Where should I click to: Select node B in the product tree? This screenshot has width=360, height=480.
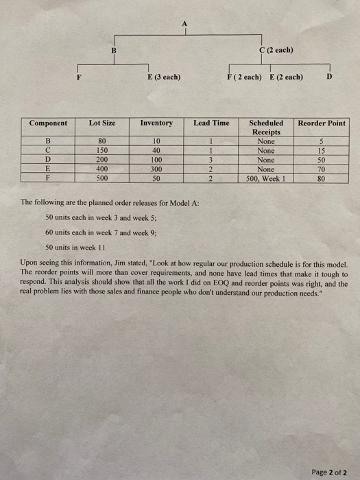(x=114, y=49)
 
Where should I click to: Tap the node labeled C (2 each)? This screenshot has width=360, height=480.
(x=276, y=49)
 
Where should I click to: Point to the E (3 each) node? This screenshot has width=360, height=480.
(x=164, y=77)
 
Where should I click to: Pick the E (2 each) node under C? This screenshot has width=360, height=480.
(x=285, y=77)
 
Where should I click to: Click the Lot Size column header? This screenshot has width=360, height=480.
(x=102, y=123)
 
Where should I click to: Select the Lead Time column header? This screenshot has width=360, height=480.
(x=211, y=123)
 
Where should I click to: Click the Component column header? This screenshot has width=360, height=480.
(x=48, y=123)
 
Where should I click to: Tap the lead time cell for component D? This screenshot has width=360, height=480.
(x=211, y=160)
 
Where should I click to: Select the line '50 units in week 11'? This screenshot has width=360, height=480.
(x=73, y=247)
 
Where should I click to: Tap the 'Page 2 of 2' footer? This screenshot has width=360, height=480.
(x=328, y=453)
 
